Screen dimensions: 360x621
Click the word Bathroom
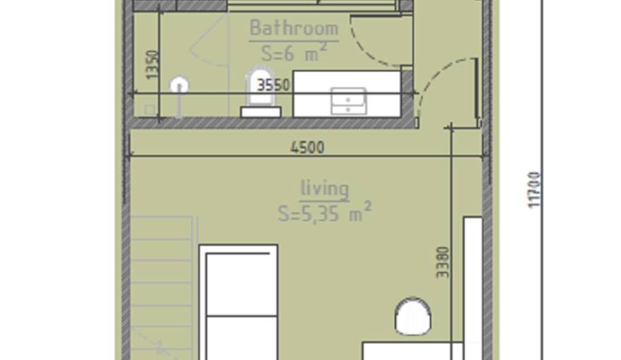coord(294,28)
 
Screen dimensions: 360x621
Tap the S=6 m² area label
coord(294,52)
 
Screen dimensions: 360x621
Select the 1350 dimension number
coord(155,64)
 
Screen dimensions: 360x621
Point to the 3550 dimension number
coord(273,85)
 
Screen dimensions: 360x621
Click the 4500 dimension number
coord(307,148)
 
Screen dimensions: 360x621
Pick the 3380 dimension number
coord(442,261)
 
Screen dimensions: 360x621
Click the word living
coord(325,188)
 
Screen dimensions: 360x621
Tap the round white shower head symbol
coord(179,86)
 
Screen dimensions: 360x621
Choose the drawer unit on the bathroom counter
coord(348,101)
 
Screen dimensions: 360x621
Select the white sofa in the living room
coord(239,304)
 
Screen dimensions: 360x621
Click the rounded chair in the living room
coord(413,316)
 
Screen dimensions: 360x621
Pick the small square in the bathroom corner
coord(150,109)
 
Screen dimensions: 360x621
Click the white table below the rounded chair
coord(413,351)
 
